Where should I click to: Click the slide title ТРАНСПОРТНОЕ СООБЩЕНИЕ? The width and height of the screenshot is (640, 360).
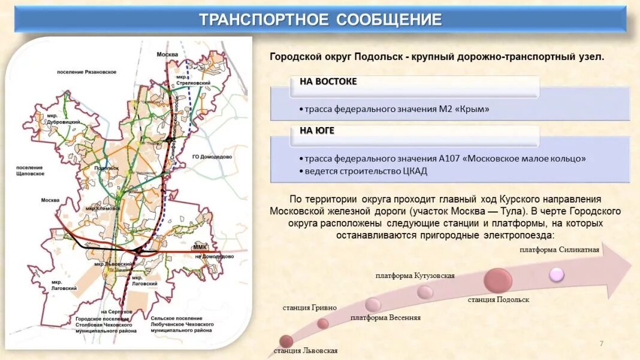(320, 20)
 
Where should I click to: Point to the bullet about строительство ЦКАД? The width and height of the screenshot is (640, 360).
(366, 171)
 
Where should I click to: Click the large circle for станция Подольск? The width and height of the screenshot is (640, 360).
(498, 280)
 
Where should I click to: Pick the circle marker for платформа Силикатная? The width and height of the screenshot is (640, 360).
(557, 274)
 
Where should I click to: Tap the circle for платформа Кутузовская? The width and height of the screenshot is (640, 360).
(425, 292)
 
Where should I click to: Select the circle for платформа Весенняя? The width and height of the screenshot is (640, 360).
(373, 304)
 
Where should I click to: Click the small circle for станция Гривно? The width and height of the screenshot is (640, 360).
(323, 323)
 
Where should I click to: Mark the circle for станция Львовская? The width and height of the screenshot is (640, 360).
(286, 341)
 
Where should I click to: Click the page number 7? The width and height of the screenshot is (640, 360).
(601, 343)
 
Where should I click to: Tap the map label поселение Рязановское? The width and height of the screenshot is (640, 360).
(86, 72)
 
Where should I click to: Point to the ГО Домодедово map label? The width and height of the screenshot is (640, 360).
(212, 156)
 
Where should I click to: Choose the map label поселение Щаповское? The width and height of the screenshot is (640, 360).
(29, 171)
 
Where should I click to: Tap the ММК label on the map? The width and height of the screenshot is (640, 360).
(200, 247)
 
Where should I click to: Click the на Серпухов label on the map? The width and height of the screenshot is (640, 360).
(116, 312)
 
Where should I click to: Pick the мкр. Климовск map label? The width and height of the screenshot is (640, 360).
(100, 208)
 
